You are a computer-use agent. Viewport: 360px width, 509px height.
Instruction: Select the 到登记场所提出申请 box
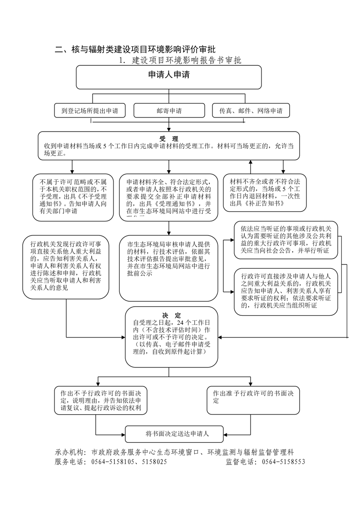click(x=93, y=111)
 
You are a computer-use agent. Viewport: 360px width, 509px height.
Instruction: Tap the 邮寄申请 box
click(x=169, y=111)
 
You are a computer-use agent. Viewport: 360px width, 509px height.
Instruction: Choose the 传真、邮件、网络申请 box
click(x=251, y=111)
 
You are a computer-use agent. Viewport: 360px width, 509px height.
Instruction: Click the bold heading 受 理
click(x=169, y=138)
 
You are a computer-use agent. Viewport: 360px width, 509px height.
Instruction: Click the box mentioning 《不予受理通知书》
click(x=73, y=197)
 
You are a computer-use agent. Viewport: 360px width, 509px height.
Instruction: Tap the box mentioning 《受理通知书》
click(x=169, y=197)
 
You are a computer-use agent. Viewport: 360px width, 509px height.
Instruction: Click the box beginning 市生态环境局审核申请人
click(x=169, y=268)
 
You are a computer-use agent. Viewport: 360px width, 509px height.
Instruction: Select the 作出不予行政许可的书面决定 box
click(x=98, y=400)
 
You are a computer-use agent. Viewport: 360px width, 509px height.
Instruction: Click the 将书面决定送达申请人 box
click(x=174, y=434)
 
